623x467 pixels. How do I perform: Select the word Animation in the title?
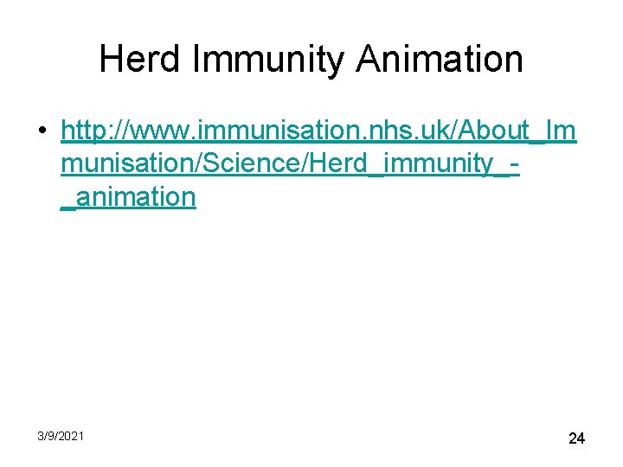440,60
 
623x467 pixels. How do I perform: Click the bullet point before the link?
42,132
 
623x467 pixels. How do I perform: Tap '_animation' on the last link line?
129,196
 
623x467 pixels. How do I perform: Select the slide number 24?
576,438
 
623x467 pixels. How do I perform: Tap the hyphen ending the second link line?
515,163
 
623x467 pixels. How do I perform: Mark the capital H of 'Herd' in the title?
111,60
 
